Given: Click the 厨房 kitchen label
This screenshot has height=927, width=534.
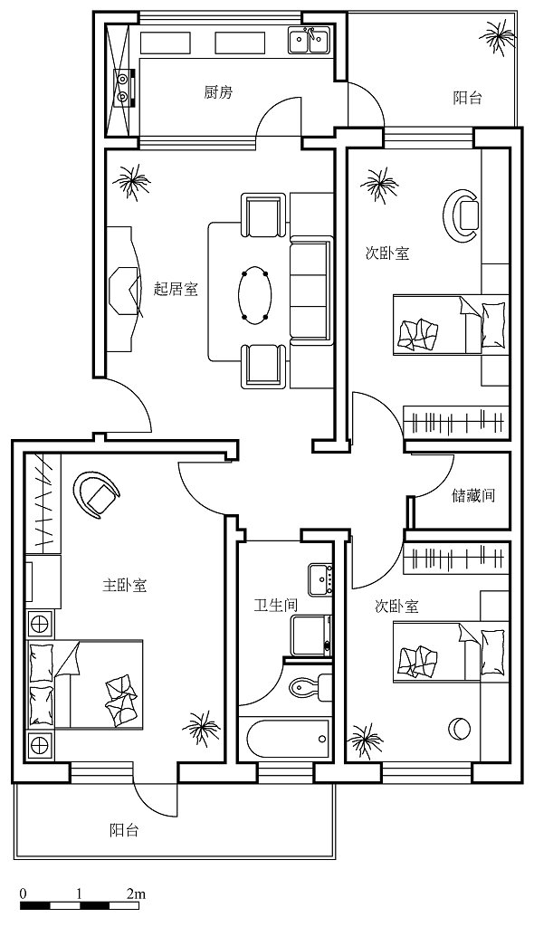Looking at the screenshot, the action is pyautogui.click(x=218, y=92).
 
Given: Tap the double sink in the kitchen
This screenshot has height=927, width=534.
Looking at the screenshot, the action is pyautogui.click(x=309, y=41).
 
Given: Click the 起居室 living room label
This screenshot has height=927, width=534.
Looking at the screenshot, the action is pyautogui.click(x=176, y=289).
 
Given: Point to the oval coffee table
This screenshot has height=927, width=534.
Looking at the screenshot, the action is pyautogui.click(x=255, y=296).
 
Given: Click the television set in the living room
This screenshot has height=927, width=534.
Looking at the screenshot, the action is pyautogui.click(x=126, y=290).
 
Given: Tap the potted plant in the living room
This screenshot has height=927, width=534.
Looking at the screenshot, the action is pyautogui.click(x=131, y=181).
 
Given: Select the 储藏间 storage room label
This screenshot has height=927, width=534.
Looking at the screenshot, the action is pyautogui.click(x=473, y=495).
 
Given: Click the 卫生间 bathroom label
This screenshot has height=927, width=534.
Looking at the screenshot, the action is pyautogui.click(x=275, y=606).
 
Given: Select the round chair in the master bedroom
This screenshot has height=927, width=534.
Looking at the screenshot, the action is pyautogui.click(x=98, y=495).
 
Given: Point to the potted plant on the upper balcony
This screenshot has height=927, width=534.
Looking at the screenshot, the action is pyautogui.click(x=497, y=36).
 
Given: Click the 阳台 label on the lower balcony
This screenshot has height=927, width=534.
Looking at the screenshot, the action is pyautogui.click(x=124, y=830).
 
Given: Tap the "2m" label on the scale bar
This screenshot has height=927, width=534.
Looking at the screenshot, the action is pyautogui.click(x=136, y=894).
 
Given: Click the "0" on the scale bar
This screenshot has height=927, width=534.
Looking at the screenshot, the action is pyautogui.click(x=23, y=894).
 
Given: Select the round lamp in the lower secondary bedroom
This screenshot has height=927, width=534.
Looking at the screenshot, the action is pyautogui.click(x=459, y=727).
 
